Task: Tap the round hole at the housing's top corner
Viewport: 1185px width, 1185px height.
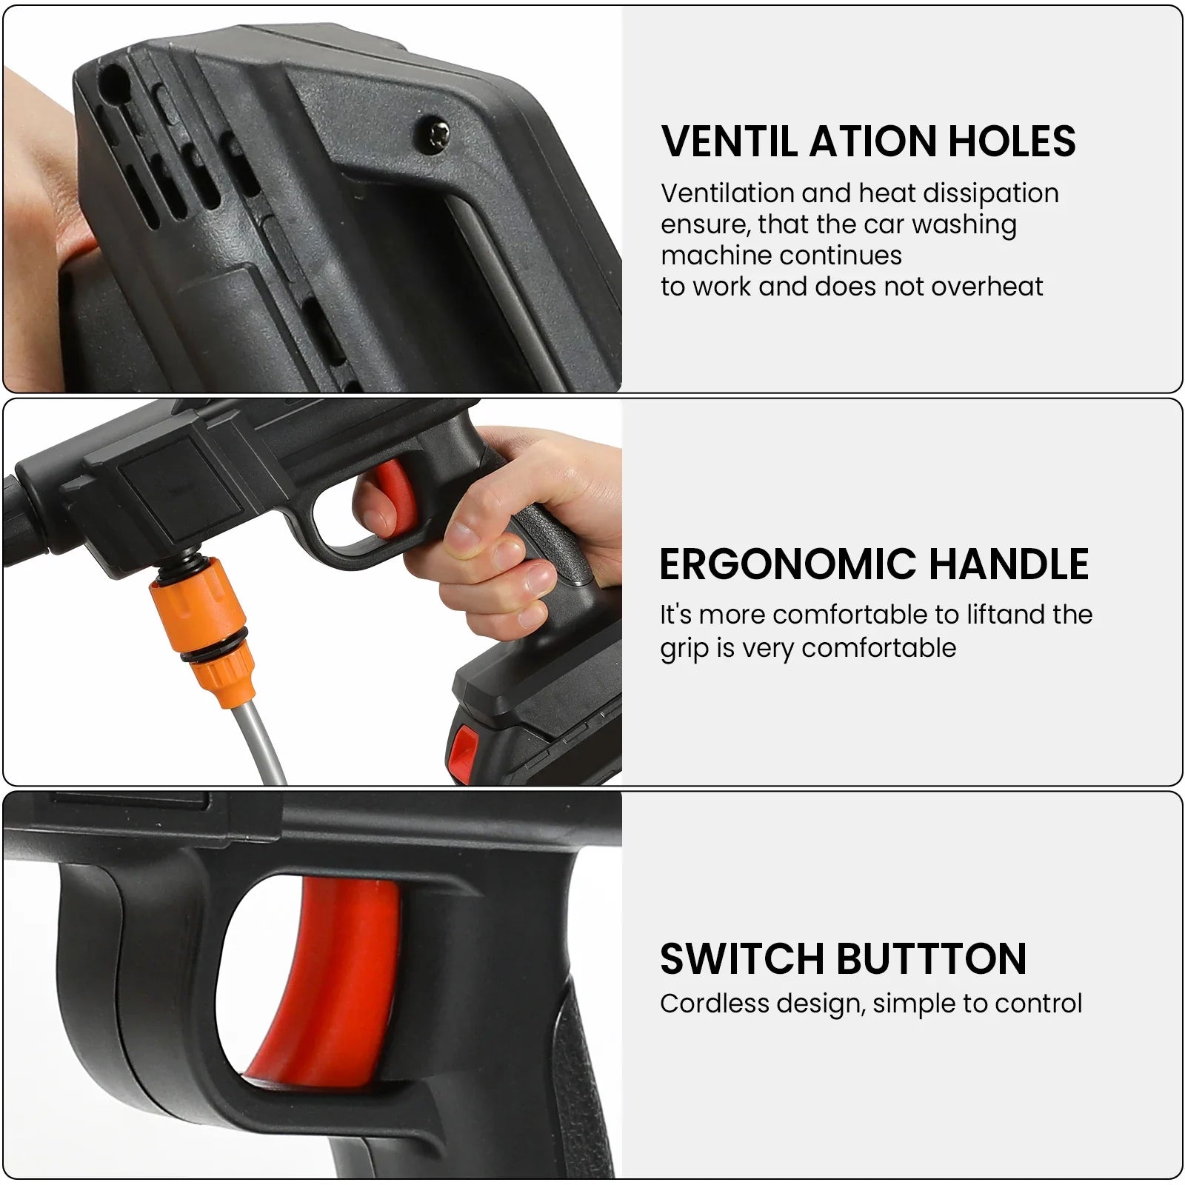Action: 111,77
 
